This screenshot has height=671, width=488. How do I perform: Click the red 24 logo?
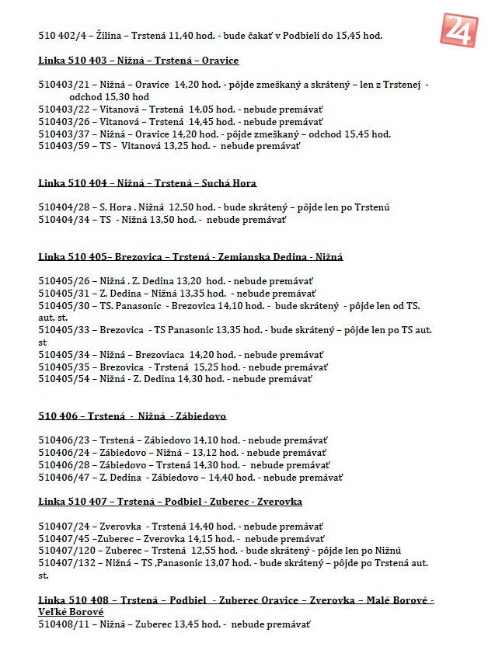(x=459, y=30)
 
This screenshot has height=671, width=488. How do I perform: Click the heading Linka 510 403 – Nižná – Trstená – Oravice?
(x=138, y=61)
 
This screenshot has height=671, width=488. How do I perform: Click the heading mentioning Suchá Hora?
(x=147, y=183)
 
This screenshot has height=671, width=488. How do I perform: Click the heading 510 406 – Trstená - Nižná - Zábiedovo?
(x=132, y=416)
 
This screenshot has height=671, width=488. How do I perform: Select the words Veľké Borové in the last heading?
(x=71, y=612)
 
